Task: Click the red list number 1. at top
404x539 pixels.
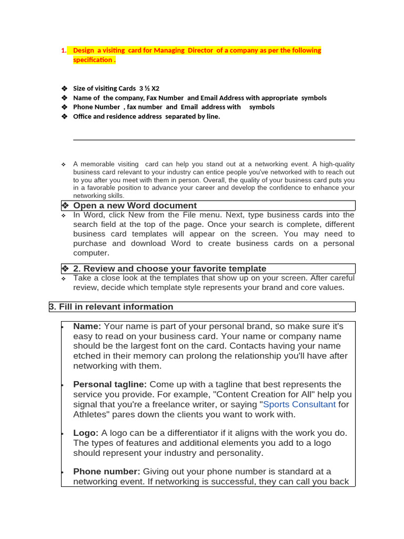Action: coord(63,51)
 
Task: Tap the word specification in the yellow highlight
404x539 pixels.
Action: coord(93,60)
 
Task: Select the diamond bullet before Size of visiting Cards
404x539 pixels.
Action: coord(64,88)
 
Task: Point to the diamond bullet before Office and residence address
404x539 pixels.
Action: coord(64,116)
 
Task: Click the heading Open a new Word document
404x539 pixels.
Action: coord(135,206)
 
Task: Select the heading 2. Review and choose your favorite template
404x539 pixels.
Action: coord(169,268)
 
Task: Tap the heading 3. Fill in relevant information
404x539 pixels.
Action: coord(111,307)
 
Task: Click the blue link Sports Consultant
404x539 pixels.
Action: coord(299,404)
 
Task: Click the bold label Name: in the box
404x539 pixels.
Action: coord(87,326)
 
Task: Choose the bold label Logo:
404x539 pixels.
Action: coord(86,433)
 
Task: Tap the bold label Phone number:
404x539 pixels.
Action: coord(107,472)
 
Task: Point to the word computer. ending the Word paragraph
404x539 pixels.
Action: coord(90,253)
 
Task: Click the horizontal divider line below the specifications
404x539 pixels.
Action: coord(214,140)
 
